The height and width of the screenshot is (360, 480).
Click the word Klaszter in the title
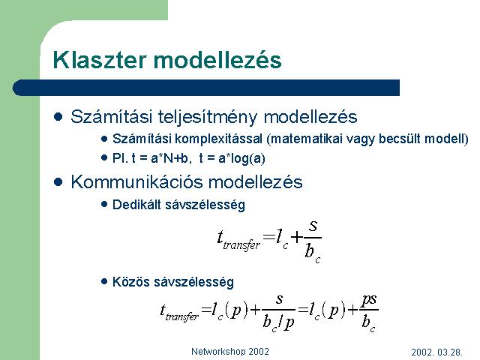click(x=100, y=60)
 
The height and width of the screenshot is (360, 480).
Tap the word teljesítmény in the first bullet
click(x=207, y=117)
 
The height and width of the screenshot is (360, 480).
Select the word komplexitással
click(x=218, y=139)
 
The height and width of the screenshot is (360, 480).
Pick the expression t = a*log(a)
click(x=232, y=158)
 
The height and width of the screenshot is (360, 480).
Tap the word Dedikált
click(x=136, y=205)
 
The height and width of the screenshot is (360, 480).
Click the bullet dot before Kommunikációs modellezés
click(x=58, y=182)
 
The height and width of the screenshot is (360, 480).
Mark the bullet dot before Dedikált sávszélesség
click(x=104, y=205)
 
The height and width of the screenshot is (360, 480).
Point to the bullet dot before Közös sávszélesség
click(x=104, y=282)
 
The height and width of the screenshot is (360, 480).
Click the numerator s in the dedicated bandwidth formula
click(x=313, y=226)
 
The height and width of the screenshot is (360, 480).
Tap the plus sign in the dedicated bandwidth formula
click(x=297, y=237)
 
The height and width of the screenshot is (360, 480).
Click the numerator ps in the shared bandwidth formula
click(x=369, y=300)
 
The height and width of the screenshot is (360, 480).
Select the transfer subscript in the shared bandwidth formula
click(x=181, y=316)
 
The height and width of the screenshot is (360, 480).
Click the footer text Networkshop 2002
click(x=230, y=352)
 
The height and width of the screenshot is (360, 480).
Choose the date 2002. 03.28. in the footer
click(x=436, y=352)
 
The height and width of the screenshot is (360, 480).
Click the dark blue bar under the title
click(x=206, y=88)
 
